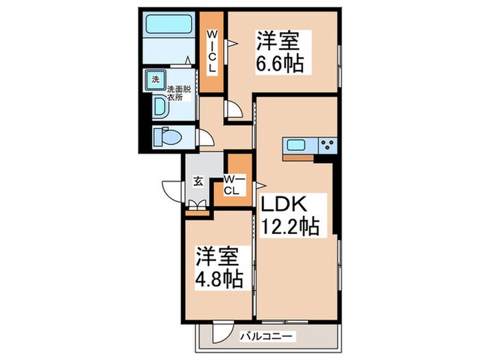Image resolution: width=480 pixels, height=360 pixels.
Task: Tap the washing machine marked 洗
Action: pos(155,80)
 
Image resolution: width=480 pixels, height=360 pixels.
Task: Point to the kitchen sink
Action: pos(298,145)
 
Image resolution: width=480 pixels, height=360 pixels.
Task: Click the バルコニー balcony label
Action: pos(267,337)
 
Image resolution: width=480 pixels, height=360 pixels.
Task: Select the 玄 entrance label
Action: pos(197,182)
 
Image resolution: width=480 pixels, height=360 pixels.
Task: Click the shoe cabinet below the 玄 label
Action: pos(197,204)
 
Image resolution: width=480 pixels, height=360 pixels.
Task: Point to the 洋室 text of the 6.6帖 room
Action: pos(279,40)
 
